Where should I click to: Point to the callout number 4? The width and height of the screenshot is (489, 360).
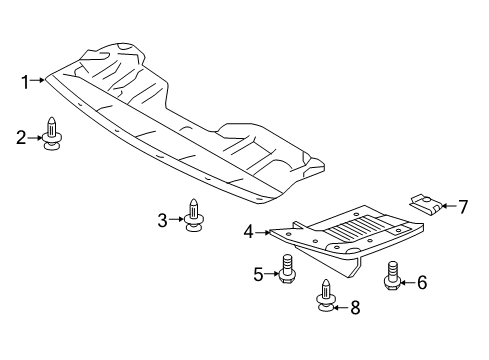[x=248, y=232]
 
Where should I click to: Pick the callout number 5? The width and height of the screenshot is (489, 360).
[x=258, y=273]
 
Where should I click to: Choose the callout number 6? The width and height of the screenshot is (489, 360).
[x=421, y=283]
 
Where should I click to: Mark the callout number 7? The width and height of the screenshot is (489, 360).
[x=462, y=207]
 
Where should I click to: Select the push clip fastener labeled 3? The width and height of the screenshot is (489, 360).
[x=193, y=214]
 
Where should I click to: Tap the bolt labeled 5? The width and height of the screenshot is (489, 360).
[x=286, y=268]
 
